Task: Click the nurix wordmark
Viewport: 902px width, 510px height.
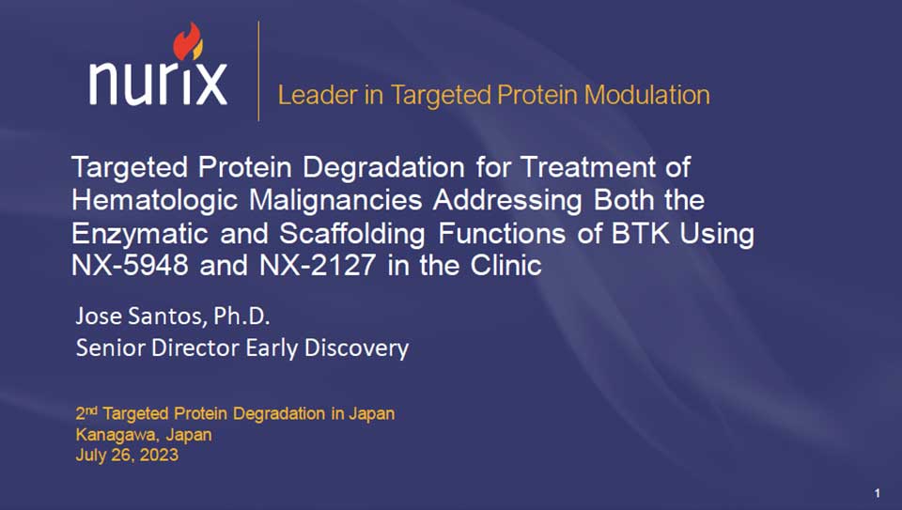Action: point(158,84)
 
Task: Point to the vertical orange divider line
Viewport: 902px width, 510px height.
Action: point(259,71)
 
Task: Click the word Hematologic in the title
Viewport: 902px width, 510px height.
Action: point(155,200)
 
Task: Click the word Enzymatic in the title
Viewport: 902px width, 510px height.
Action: point(140,234)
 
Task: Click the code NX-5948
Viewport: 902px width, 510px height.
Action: point(130,265)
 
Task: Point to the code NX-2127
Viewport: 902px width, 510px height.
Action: point(318,265)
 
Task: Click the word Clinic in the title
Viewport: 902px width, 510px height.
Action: point(506,265)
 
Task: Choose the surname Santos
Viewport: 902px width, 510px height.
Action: point(172,316)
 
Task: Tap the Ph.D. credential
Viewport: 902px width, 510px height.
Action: point(241,316)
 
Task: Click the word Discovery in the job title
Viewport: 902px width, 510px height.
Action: point(357,348)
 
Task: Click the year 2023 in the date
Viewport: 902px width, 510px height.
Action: point(159,455)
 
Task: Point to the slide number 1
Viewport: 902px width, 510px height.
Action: point(878,493)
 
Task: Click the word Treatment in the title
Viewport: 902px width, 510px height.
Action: point(588,167)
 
